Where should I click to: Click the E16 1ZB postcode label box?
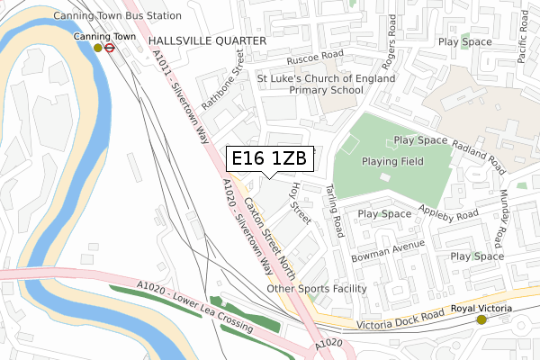pos(269,159)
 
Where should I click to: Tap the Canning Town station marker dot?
pos(98,48)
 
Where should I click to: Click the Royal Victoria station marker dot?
pos(481,319)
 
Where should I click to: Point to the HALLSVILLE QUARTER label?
pos(207,41)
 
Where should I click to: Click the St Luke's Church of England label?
pos(325,78)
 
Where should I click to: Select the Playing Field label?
pos(392,161)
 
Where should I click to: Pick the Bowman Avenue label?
pos(388,246)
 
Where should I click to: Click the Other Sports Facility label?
pos(317,289)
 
